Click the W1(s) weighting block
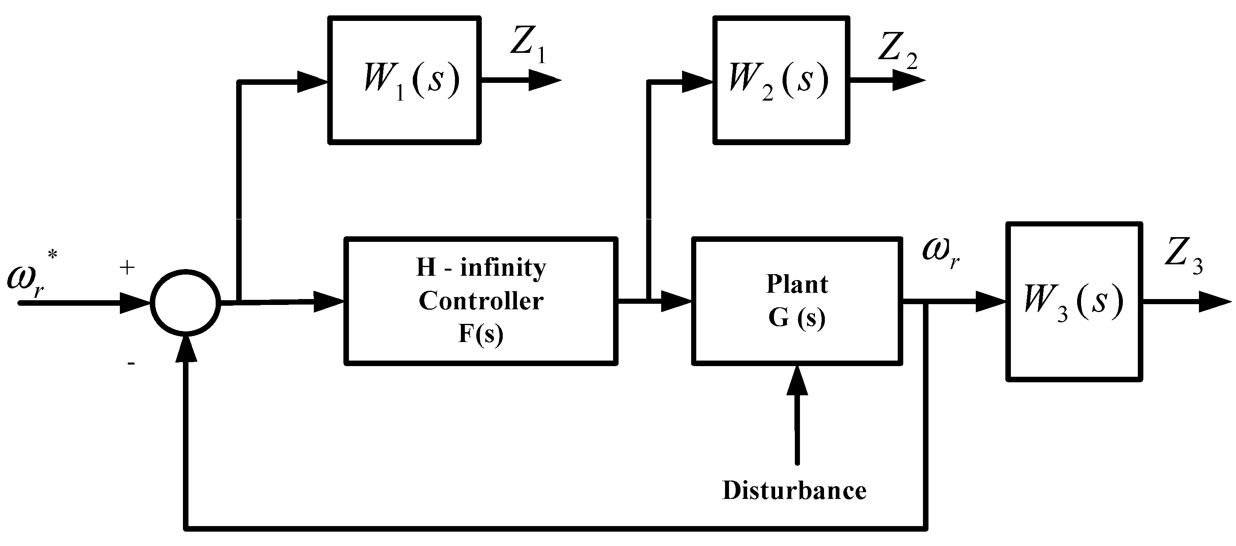coord(404,80)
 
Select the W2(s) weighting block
coord(781,80)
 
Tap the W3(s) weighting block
coord(1074,301)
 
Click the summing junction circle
coord(185,303)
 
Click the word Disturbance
coord(794,490)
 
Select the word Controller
coord(481,301)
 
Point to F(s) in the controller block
coord(481,333)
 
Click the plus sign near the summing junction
coord(127,268)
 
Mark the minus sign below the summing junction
coord(131,363)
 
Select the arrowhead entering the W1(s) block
coord(312,82)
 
